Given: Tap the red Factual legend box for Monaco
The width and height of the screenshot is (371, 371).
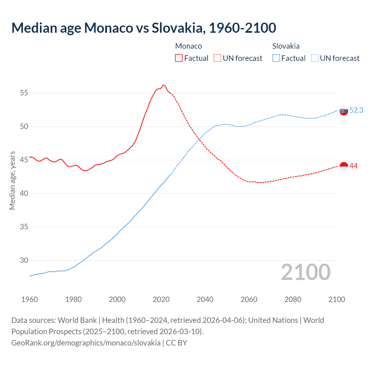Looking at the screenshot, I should (x=179, y=58).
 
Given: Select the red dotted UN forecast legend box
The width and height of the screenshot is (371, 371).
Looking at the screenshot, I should (x=217, y=58).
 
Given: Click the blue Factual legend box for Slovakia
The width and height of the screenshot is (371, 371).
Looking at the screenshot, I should (x=276, y=58).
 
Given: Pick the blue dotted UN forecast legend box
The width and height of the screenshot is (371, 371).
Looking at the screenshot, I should (x=315, y=58).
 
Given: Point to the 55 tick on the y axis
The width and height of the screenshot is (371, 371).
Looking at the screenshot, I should (x=24, y=93).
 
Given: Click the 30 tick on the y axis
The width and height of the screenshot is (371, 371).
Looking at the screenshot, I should (x=24, y=260).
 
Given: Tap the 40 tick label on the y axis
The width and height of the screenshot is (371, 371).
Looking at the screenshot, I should (x=24, y=193).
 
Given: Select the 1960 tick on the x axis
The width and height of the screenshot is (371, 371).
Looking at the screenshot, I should (x=30, y=299).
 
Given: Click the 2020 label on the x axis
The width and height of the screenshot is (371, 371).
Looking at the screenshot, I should (x=161, y=299).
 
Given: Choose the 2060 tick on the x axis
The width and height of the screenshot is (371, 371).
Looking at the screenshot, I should (x=249, y=299).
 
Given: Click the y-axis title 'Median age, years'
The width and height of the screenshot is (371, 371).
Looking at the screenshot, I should (x=12, y=180).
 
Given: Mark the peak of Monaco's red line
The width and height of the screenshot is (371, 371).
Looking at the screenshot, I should (x=163, y=85).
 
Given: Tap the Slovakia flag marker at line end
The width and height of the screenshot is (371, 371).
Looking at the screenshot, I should (x=344, y=111).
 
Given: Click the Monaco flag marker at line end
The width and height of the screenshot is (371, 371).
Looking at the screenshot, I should (x=344, y=166).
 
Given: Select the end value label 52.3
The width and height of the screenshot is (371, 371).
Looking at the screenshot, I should (x=356, y=110).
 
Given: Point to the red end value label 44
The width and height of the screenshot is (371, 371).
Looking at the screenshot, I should (x=354, y=166).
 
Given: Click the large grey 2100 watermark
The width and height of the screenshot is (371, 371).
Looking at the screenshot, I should (x=306, y=272).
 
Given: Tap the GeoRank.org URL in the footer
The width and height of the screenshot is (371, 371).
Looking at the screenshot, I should (x=86, y=343).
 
